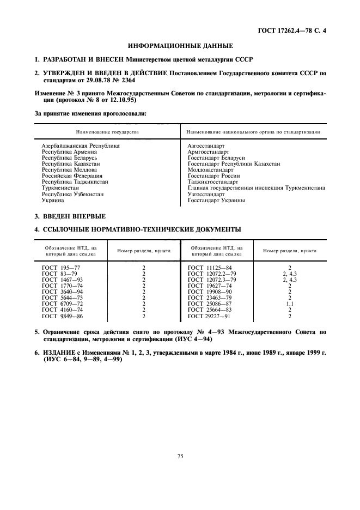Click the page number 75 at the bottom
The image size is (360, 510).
(180, 457)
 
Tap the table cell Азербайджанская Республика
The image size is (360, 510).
(81, 146)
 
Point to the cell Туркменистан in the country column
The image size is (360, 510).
(60, 188)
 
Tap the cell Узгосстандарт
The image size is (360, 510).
(206, 194)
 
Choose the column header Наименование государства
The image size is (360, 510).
(107, 132)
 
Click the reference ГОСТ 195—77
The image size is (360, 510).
(61, 268)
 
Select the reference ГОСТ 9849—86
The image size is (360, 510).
(63, 315)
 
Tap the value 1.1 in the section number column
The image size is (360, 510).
(289, 303)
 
